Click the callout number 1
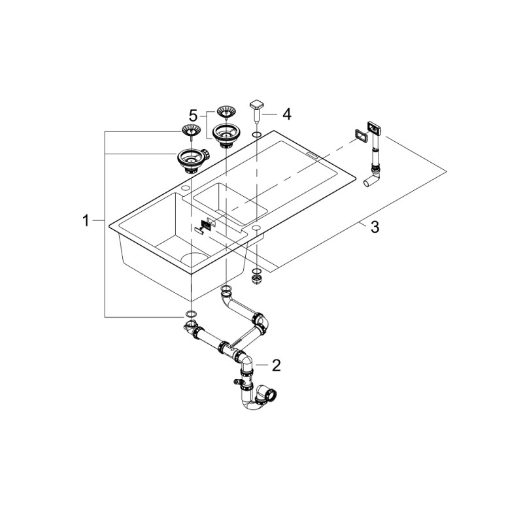[86, 220]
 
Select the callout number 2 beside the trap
[276, 365]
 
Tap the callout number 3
[375, 227]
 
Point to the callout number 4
[287, 114]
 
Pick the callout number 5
[194, 116]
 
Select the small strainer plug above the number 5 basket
[226, 111]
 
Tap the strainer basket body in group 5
[226, 135]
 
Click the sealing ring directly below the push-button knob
[256, 135]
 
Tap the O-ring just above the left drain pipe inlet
[190, 314]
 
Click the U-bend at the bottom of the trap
[254, 403]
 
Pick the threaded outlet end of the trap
[270, 395]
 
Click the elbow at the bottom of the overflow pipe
[373, 178]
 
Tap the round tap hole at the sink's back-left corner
[185, 188]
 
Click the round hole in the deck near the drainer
[256, 227]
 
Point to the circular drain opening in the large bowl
[195, 258]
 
